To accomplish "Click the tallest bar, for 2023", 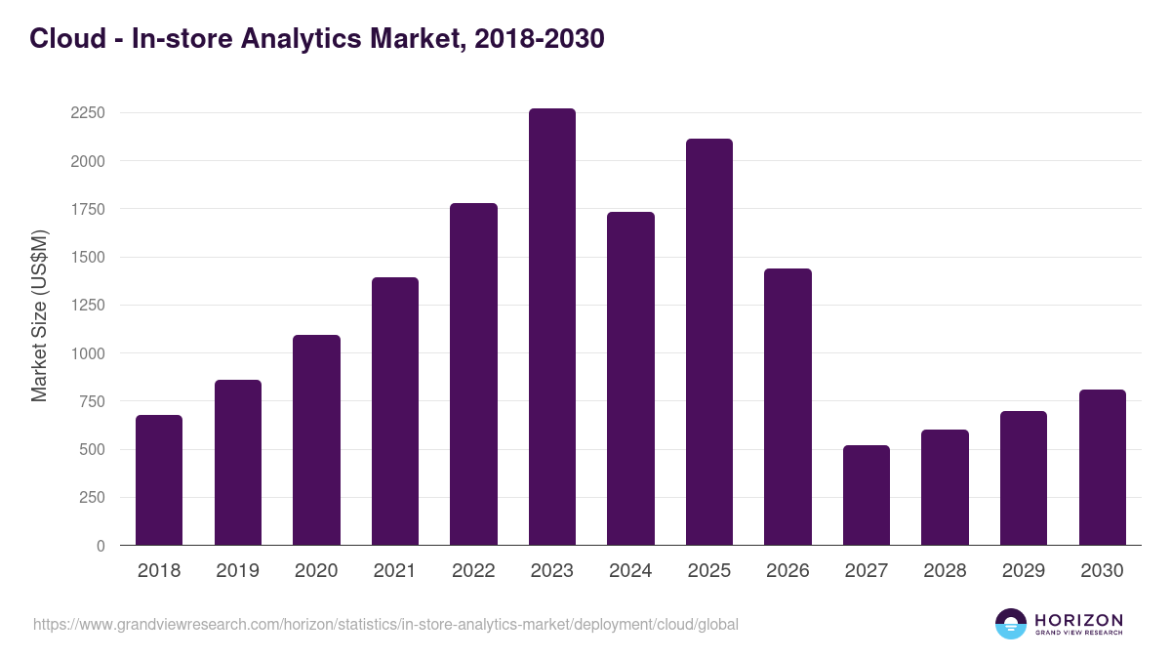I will (552, 327).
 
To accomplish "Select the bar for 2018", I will (159, 480).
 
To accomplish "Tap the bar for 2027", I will (867, 495).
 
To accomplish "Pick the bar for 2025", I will (709, 342).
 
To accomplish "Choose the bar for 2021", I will (395, 411).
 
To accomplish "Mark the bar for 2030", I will (1103, 468).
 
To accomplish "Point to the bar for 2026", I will (787, 407).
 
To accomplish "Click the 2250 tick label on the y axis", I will (88, 113).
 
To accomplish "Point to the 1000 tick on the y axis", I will (88, 353).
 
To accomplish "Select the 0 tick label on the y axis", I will (101, 546).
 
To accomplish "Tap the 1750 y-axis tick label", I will (88, 209).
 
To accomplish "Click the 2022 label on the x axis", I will (473, 571).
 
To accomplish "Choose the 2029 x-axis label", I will (1024, 571).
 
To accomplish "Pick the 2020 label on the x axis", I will (316, 571).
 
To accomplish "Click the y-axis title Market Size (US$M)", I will (39, 315).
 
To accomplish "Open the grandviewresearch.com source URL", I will (385, 624).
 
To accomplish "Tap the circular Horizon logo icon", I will (1011, 624).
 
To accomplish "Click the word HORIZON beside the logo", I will (1078, 620).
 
